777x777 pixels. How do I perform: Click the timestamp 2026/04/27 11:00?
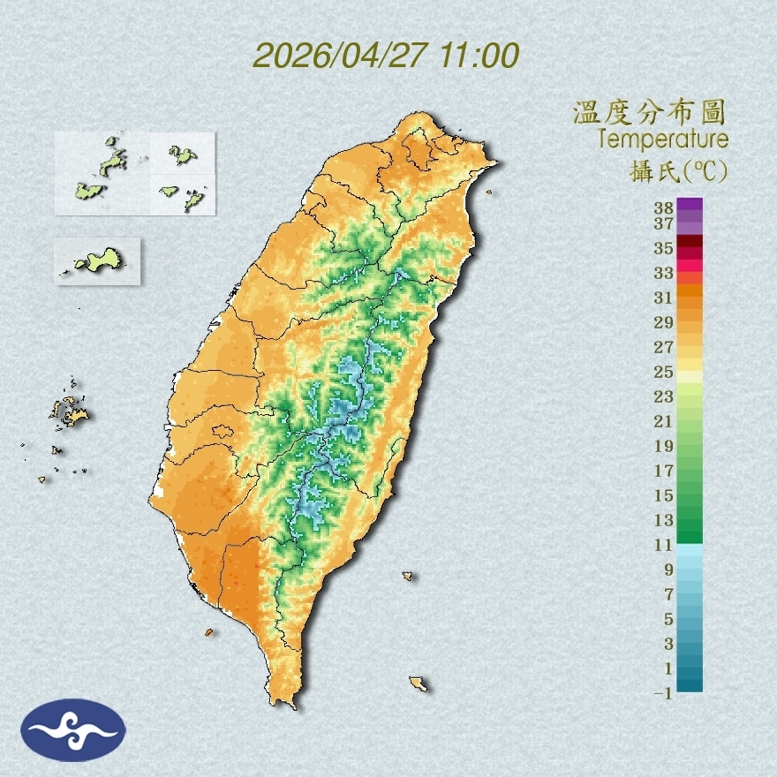[x=386, y=56]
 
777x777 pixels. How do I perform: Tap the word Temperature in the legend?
[x=662, y=139]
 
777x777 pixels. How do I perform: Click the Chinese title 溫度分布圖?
[x=649, y=112]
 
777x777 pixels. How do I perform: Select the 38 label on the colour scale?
[x=664, y=208]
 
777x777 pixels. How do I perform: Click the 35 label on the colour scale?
[x=664, y=248]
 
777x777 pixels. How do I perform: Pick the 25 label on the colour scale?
[x=664, y=372]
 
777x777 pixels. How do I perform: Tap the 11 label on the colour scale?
[x=664, y=545]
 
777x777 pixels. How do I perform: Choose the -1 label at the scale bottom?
[x=663, y=694]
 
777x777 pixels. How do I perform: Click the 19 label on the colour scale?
[x=664, y=446]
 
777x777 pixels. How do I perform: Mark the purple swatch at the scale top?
[x=690, y=204]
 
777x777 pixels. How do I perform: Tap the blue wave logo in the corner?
[x=74, y=730]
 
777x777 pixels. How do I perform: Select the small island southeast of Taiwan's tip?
[x=419, y=683]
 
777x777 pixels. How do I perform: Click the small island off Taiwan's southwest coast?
[x=209, y=632]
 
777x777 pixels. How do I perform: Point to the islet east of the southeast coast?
[x=408, y=576]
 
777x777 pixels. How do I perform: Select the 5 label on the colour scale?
[x=668, y=619]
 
